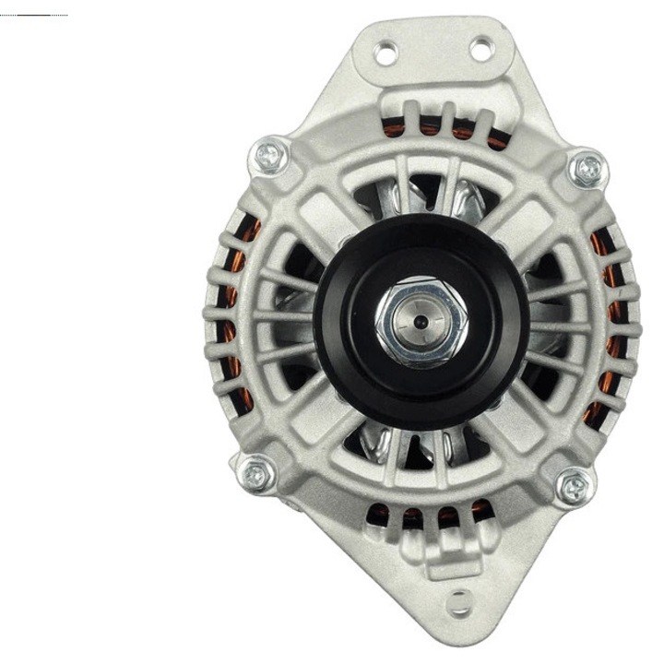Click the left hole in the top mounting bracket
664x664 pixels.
pyautogui.click(x=386, y=53)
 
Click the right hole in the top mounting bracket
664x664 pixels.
pyautogui.click(x=481, y=49)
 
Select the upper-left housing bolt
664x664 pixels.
pyautogui.click(x=268, y=155)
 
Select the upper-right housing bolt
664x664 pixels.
pyautogui.click(x=587, y=169)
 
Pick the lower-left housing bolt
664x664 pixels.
pyautogui.click(x=256, y=475)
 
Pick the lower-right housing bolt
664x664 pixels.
pyautogui.click(x=574, y=486)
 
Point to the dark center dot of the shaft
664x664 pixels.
pyautogui.click(x=421, y=322)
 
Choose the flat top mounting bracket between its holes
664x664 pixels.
pyautogui.click(x=433, y=51)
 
